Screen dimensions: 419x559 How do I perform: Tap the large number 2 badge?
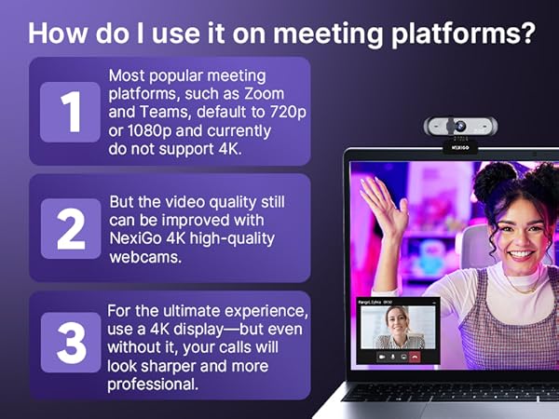pos(70,229)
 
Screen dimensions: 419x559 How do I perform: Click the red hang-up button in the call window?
pos(416,356)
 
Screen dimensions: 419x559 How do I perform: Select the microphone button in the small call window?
pos(392,356)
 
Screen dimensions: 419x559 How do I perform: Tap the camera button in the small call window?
pos(381,356)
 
